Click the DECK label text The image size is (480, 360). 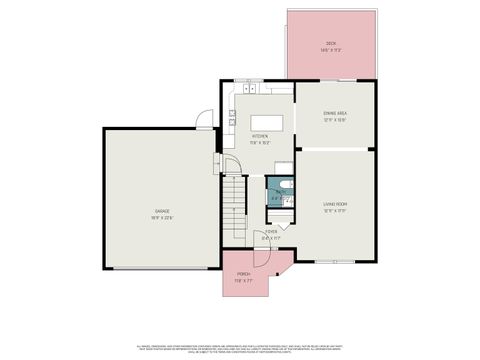click(x=330, y=43)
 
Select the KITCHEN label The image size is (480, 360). click(x=259, y=136)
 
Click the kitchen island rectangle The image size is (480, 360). click(x=266, y=123)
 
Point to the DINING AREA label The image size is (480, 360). click(x=334, y=114)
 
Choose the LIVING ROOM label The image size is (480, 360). click(x=334, y=205)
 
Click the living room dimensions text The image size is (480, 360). click(x=334, y=211)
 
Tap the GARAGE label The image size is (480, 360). click(x=162, y=211)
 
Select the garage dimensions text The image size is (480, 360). click(x=162, y=217)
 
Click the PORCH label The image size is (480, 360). click(x=243, y=274)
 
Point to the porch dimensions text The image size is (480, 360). click(x=243, y=281)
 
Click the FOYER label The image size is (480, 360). click(x=270, y=231)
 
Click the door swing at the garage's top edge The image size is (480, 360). click(x=204, y=124)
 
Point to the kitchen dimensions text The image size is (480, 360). click(x=259, y=142)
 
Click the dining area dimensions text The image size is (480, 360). click(x=334, y=120)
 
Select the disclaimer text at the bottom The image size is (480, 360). click(x=240, y=346)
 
